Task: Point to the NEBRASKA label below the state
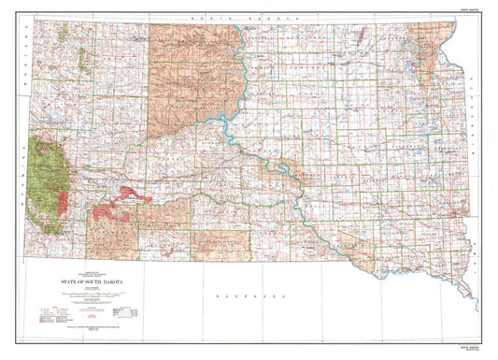pos(249,294)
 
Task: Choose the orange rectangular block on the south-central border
pos(220,243)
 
